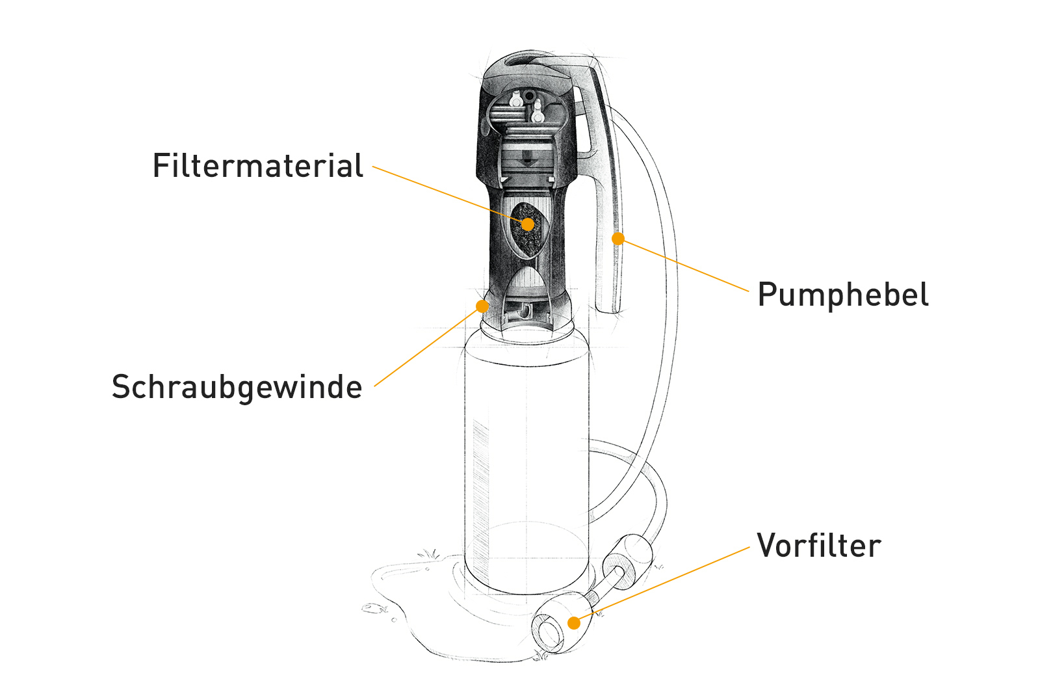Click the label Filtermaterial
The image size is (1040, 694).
pyautogui.click(x=257, y=165)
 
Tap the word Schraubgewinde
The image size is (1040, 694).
pyautogui.click(x=237, y=388)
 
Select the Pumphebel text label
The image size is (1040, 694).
pyautogui.click(x=842, y=295)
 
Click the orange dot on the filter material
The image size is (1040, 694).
pyautogui.click(x=527, y=224)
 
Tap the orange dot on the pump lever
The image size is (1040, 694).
pyautogui.click(x=618, y=239)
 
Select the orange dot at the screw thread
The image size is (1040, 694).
pyautogui.click(x=482, y=306)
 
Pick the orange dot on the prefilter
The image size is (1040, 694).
pyautogui.click(x=575, y=623)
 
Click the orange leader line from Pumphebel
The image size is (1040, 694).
pyautogui.click(x=683, y=265)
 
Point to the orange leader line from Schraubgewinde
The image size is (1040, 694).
pyautogui.click(x=428, y=347)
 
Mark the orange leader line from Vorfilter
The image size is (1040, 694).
pyautogui.click(x=662, y=585)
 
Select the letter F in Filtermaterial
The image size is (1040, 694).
pyautogui.click(x=161, y=166)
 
